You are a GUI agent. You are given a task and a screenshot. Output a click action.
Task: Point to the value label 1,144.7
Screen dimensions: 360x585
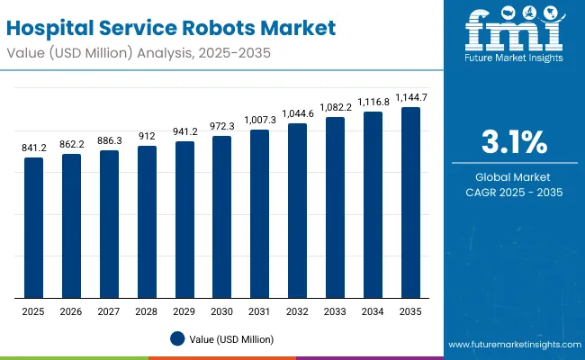(x=410, y=97)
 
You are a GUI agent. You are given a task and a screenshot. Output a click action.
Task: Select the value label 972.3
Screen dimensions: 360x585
(x=221, y=127)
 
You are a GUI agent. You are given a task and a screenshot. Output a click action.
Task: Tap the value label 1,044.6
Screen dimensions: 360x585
(x=297, y=114)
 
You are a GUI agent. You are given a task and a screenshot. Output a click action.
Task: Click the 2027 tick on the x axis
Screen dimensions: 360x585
(x=109, y=310)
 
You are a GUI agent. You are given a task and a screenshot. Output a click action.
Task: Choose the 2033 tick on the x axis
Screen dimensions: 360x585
(x=335, y=310)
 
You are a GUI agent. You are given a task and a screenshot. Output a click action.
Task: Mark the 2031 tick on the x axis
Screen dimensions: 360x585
(x=259, y=310)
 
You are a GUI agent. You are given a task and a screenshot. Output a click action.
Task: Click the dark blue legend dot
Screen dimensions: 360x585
(x=177, y=339)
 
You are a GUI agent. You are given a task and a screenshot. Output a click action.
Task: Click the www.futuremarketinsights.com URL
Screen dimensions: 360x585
(x=511, y=345)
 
